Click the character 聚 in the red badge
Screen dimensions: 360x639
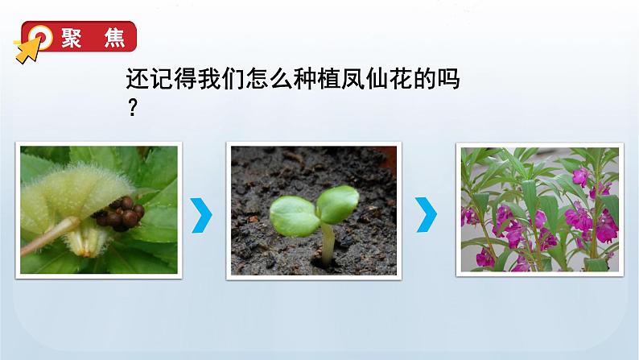click(x=72, y=39)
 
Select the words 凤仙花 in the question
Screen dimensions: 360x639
click(x=375, y=81)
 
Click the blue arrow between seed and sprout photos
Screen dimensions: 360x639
click(x=204, y=214)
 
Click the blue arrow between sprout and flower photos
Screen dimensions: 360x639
click(x=429, y=214)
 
